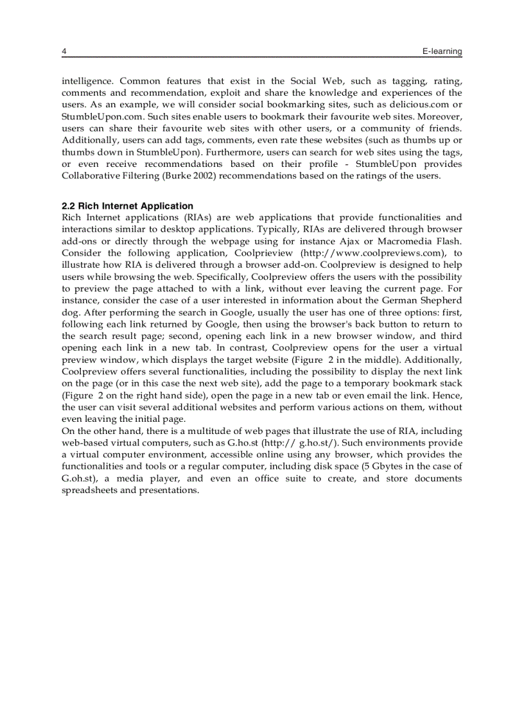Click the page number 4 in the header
pyautogui.click(x=64, y=51)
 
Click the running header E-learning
pyautogui.click(x=442, y=51)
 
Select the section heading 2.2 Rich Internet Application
pyautogui.click(x=127, y=206)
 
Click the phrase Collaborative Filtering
pyautogui.click(x=108, y=176)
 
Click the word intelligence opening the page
pyautogui.click(x=87, y=81)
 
